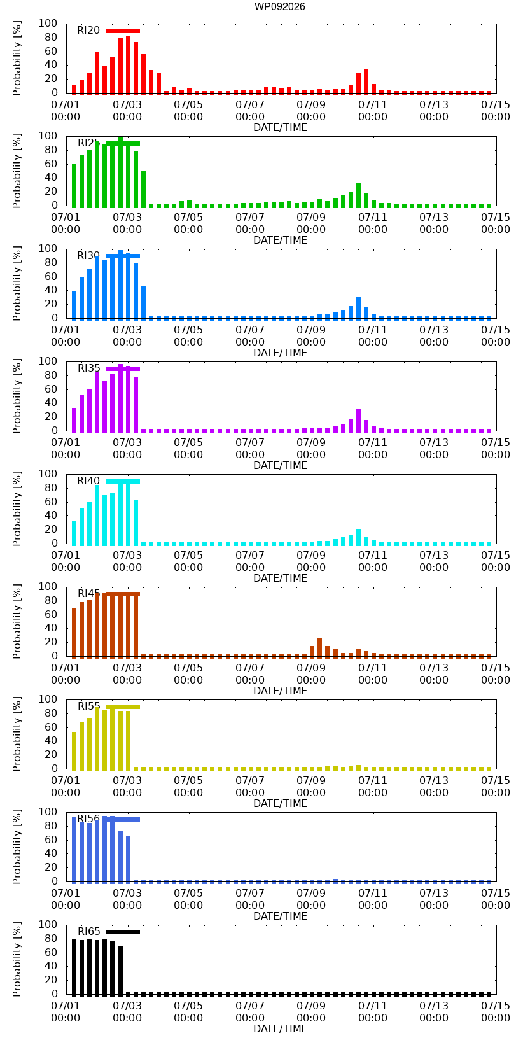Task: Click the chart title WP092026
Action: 280,6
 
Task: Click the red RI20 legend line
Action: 123,31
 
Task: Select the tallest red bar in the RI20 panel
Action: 128,65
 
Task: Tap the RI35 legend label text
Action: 88,368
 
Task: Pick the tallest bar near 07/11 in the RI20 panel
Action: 366,81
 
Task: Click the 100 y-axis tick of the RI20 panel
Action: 48,24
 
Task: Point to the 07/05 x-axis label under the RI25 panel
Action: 188,223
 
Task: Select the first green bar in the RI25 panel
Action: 74,185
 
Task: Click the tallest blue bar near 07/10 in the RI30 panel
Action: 359,308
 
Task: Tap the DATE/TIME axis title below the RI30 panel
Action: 281,353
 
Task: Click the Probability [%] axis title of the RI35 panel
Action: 17,396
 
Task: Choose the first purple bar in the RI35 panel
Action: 74,420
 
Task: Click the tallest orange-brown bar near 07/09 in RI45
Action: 319,648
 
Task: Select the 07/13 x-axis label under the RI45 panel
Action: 434,674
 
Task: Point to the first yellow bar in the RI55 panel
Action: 74,751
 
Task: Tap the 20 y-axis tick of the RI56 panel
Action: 51,867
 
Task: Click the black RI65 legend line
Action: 123,932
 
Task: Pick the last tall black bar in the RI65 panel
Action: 121,971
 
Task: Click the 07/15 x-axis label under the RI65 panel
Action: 495,1012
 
